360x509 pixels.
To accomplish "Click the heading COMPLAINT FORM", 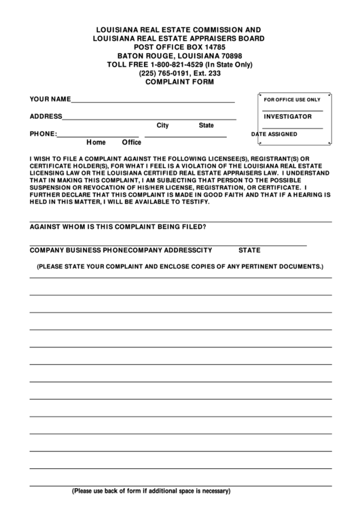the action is point(179,82).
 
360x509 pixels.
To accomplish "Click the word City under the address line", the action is point(162,126).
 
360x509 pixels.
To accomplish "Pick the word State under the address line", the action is point(206,126).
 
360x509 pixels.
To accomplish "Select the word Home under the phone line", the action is point(96,143).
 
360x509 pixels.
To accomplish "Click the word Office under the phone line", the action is point(131,143).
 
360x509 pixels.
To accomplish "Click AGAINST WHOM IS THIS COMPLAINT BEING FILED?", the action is point(119,227).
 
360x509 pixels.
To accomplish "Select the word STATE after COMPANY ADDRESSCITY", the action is point(249,249).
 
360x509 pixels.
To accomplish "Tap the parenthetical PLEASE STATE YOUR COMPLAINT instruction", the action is point(180,267).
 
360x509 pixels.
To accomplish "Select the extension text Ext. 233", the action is point(206,73).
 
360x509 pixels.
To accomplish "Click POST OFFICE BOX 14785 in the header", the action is point(179,48).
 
